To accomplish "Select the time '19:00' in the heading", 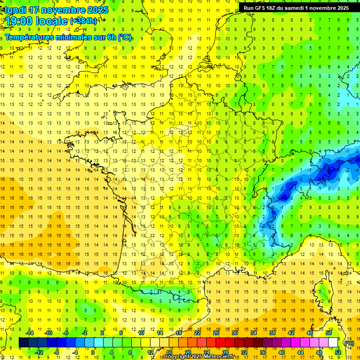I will [20, 21].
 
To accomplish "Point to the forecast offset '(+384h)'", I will [83, 21].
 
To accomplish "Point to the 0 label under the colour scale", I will [93, 352].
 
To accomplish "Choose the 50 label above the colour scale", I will [329, 333].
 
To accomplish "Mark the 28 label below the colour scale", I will [225, 352].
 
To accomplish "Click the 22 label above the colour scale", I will [197, 333].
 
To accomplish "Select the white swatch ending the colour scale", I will [333, 343].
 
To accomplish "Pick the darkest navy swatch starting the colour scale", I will [23, 343].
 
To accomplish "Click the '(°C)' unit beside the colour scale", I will [348, 343].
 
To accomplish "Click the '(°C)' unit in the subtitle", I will [125, 37].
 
